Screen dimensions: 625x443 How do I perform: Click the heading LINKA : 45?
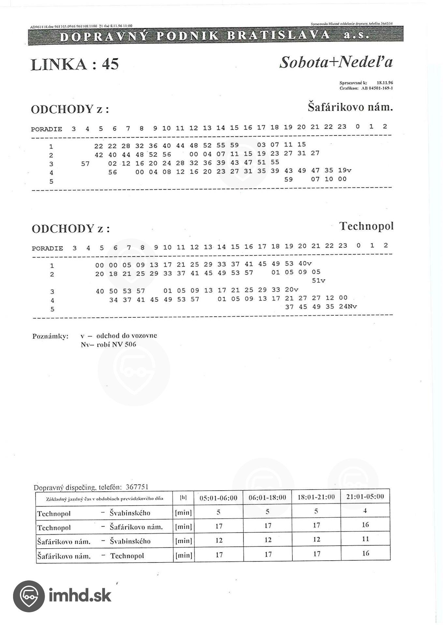point(75,64)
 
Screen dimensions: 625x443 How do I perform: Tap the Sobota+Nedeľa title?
point(336,62)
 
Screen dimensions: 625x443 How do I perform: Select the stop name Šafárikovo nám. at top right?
point(350,107)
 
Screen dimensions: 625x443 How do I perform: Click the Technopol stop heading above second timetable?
point(366,226)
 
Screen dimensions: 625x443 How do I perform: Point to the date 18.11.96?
point(385,83)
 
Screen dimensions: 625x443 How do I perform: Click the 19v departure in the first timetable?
point(345,170)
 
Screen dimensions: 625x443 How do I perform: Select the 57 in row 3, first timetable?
point(85,163)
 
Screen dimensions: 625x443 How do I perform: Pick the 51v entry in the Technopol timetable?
point(318,280)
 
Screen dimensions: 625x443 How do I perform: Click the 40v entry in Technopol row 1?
point(305,263)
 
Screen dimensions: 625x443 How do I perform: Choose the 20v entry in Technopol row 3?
point(291,289)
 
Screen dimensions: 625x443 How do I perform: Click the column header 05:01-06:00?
point(218,498)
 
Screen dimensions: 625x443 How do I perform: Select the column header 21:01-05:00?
point(365,496)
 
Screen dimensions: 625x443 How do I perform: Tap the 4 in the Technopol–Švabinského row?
point(365,511)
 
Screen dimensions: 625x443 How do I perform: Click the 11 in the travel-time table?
point(365,539)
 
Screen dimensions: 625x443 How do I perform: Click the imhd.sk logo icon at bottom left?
point(29,596)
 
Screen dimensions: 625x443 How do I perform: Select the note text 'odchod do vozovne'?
point(126,336)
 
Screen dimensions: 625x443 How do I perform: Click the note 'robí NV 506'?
point(116,344)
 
